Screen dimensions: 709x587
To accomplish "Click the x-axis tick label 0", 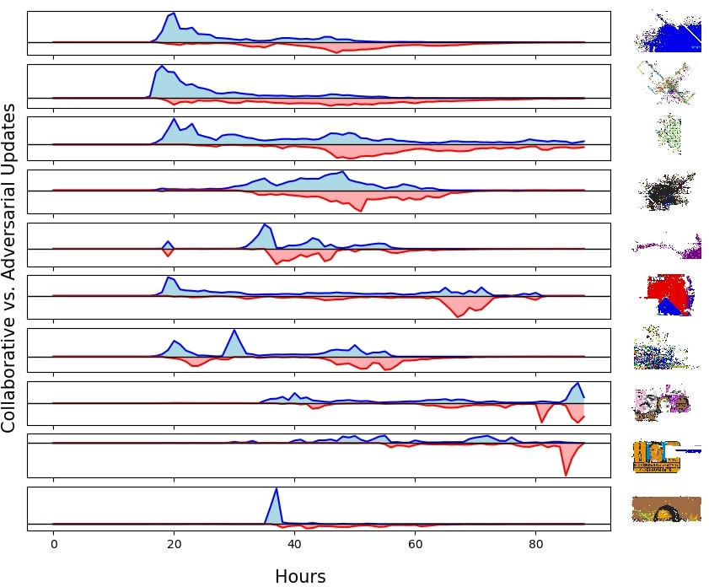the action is click(x=54, y=544).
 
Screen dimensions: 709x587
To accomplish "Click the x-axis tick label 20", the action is click(x=174, y=544).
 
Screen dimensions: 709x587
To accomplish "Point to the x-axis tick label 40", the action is click(x=294, y=544).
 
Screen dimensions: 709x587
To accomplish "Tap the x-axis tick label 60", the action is click(x=415, y=544).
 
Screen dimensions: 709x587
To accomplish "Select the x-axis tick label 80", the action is click(x=536, y=544).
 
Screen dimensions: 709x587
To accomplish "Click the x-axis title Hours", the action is click(x=300, y=577).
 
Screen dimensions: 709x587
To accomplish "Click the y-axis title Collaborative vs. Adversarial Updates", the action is click(x=8, y=268).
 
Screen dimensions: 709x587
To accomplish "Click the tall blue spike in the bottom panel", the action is click(x=277, y=489).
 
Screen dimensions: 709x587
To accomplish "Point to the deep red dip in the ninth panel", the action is click(x=566, y=474).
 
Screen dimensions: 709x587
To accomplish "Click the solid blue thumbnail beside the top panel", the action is click(x=669, y=32).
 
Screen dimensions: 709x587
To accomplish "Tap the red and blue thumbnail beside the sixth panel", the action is click(x=669, y=294).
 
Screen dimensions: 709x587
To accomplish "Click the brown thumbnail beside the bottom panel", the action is click(x=667, y=509).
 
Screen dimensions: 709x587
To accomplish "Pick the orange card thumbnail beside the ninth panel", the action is click(x=657, y=457).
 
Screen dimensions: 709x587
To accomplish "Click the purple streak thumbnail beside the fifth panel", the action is click(x=667, y=246).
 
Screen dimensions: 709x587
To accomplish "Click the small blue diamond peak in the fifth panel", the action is click(x=169, y=241).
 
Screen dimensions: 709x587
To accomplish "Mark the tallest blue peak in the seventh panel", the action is click(x=234, y=331).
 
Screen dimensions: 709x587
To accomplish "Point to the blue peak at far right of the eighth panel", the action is click(x=577, y=384).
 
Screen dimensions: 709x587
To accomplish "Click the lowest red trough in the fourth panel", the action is click(x=360, y=211).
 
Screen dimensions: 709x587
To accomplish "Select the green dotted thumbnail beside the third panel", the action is click(x=669, y=134).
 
